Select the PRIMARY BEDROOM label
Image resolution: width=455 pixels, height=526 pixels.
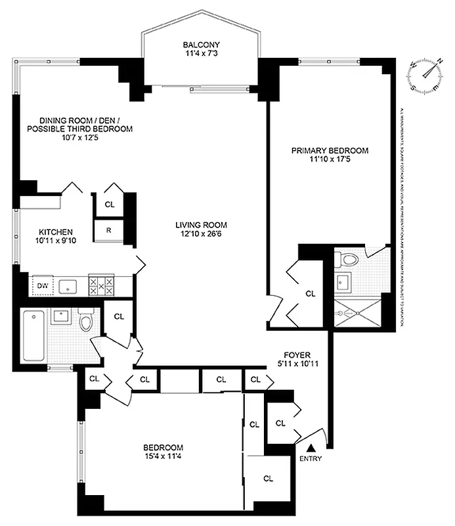click(x=330, y=151)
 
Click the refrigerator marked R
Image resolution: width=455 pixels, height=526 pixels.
click(x=109, y=230)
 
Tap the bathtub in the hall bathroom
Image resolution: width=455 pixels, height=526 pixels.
click(x=33, y=335)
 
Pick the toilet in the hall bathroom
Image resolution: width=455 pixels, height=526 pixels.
click(x=85, y=322)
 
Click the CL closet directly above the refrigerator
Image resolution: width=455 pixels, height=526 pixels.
click(x=109, y=204)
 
